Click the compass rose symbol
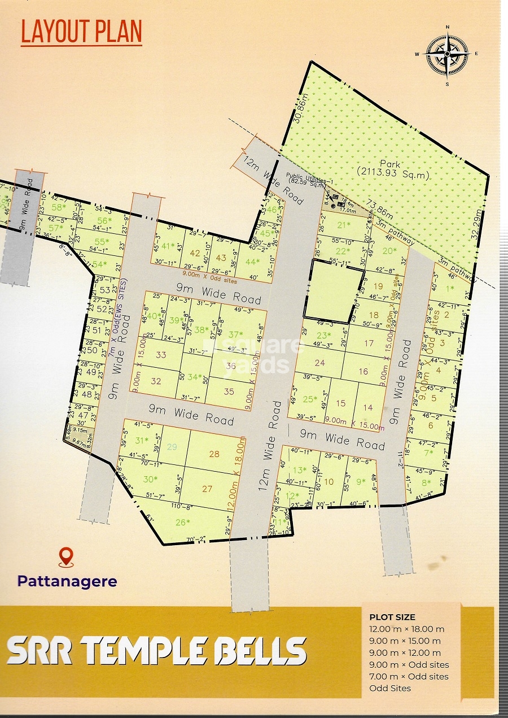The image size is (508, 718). pos(446,54)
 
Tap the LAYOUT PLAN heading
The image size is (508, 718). pos(81,32)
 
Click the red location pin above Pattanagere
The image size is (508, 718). pos(67,557)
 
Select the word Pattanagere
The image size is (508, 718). pos(67,581)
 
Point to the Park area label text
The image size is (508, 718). pos(393,170)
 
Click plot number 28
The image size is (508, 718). pos(214,454)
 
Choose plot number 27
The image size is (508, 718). pos(207,489)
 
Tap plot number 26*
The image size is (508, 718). pos(183,522)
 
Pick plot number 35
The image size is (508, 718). pos(229,391)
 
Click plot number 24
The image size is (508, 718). pos(320,363)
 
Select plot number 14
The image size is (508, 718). pos(367,407)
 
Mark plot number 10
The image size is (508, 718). pos(329,482)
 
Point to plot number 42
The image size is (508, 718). pos(195,254)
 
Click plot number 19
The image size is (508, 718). pos(378,286)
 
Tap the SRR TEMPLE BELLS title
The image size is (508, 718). pos(156,651)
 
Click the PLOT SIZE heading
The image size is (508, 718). pos(392,617)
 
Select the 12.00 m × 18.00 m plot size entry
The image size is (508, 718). pos(406,629)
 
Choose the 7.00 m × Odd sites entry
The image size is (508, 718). pos(409,676)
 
